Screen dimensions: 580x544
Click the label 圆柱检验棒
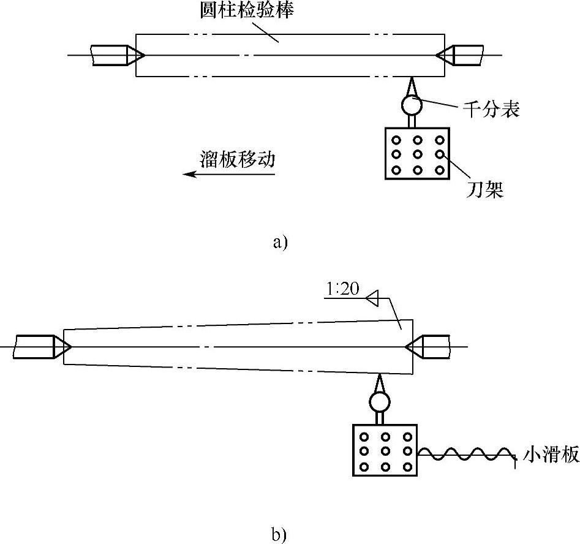point(247,10)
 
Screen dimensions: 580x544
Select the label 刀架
point(485,190)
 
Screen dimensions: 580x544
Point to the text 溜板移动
point(238,159)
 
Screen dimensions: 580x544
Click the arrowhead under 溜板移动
point(189,174)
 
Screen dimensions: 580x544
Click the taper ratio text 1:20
point(343,289)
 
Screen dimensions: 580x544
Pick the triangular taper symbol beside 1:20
point(372,298)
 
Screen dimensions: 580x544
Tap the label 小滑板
point(551,455)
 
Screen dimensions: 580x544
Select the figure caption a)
point(280,243)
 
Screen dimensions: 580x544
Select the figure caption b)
point(279,535)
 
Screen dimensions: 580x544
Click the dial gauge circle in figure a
point(412,105)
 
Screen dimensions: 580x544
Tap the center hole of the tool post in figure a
point(418,154)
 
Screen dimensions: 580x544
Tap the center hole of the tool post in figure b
point(385,451)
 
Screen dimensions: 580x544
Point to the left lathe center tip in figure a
point(145,56)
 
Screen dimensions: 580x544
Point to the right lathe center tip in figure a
point(435,56)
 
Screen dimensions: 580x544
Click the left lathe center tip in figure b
point(71,347)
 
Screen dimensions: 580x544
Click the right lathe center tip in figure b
point(405,347)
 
